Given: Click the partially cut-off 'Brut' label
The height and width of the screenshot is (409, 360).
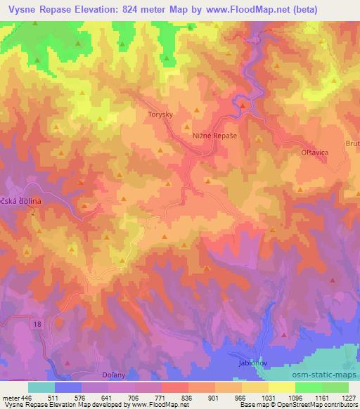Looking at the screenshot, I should click(x=353, y=143).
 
